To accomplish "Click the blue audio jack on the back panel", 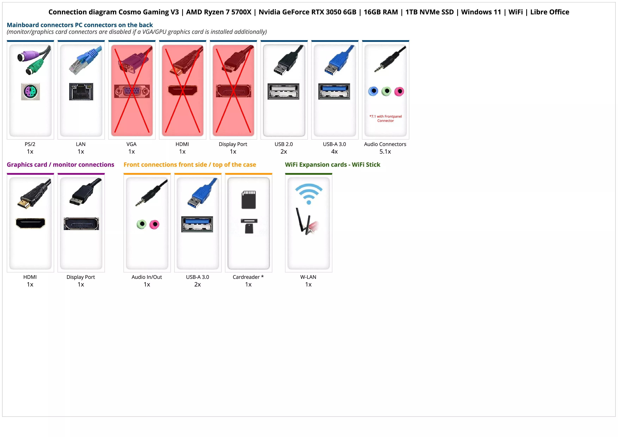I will click(x=373, y=91).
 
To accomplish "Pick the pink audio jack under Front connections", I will click(x=154, y=224).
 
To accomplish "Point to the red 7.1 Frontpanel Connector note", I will click(x=385, y=118).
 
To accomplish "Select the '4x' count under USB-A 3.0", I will click(x=334, y=152).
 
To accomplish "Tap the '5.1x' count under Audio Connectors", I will click(x=385, y=152).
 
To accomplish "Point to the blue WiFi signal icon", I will click(x=309, y=193).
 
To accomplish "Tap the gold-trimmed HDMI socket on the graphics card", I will click(x=30, y=223).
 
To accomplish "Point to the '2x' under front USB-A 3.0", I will click(x=197, y=285).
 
